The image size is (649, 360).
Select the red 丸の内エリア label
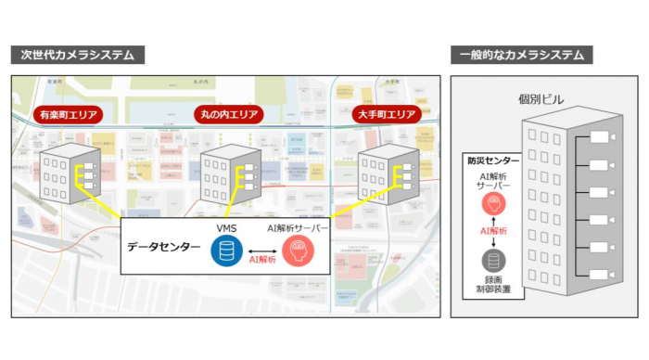(x=227, y=115)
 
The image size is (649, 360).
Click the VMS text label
(x=226, y=227)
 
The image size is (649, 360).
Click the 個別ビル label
(x=542, y=99)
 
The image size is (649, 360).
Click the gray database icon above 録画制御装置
(x=492, y=260)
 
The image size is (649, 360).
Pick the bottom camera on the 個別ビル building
(x=602, y=276)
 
